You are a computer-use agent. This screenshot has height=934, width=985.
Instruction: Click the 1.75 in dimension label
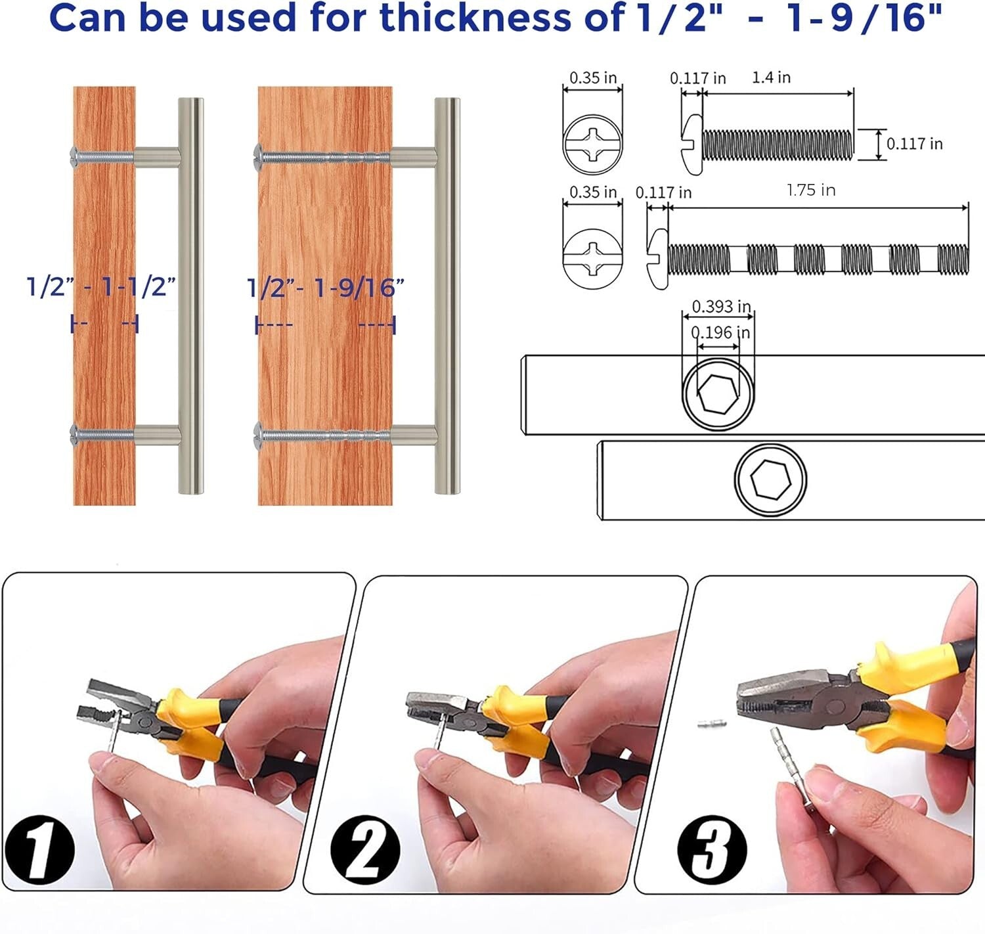(810, 190)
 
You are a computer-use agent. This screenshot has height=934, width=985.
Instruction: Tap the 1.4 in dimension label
(771, 78)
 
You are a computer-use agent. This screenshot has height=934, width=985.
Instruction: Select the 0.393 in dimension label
(721, 306)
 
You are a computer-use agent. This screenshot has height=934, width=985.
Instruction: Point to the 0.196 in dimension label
(720, 332)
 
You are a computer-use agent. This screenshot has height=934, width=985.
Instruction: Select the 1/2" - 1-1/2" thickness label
(102, 287)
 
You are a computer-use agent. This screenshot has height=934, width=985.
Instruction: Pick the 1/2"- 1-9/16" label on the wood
(326, 288)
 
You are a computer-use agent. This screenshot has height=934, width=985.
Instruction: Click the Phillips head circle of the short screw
(592, 144)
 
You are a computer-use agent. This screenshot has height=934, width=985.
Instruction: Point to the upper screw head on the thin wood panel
(76, 156)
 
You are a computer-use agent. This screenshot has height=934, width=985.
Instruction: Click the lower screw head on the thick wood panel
(259, 433)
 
